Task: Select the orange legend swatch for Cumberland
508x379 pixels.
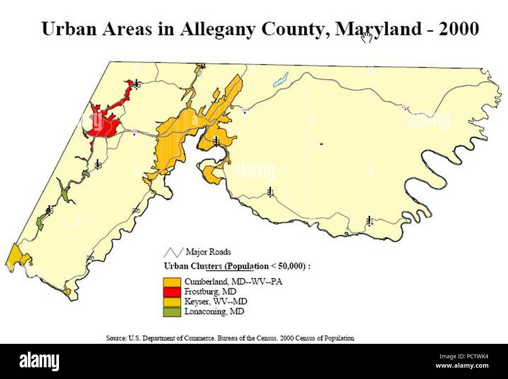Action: pos(172,282)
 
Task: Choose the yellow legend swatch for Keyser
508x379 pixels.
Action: pos(172,302)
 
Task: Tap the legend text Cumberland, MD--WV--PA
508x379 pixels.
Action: pos(233,281)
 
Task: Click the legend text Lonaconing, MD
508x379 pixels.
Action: pos(214,312)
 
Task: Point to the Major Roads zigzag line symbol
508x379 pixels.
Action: pos(174,252)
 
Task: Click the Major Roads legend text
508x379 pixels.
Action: pos(208,252)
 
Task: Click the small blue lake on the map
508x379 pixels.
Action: pos(281,79)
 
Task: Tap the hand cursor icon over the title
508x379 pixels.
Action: pos(367,37)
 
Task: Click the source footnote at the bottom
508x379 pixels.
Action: pos(230,338)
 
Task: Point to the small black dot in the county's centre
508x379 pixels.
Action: pos(321,144)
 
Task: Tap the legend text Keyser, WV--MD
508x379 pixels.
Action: pos(216,302)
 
